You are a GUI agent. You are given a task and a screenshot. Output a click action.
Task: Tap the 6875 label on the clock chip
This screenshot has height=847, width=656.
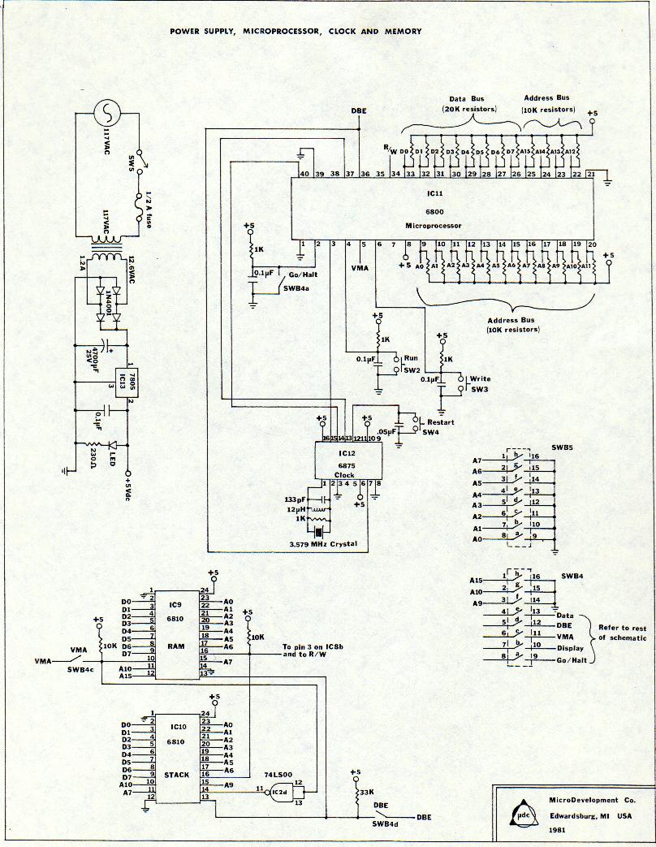[345, 464]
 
